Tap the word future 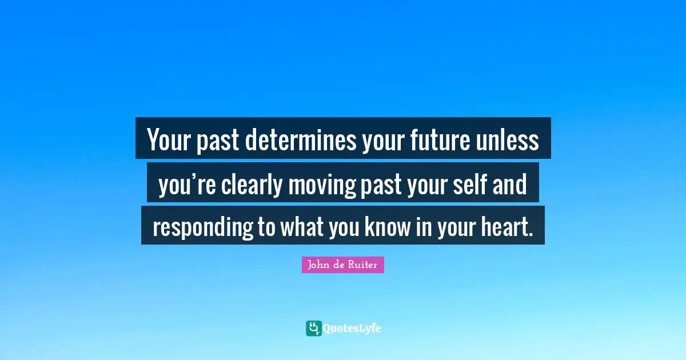point(438,141)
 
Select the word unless point(508,141)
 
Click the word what point(302,227)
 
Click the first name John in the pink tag point(317,265)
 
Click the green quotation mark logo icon point(313,328)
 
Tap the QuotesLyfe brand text point(352,328)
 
